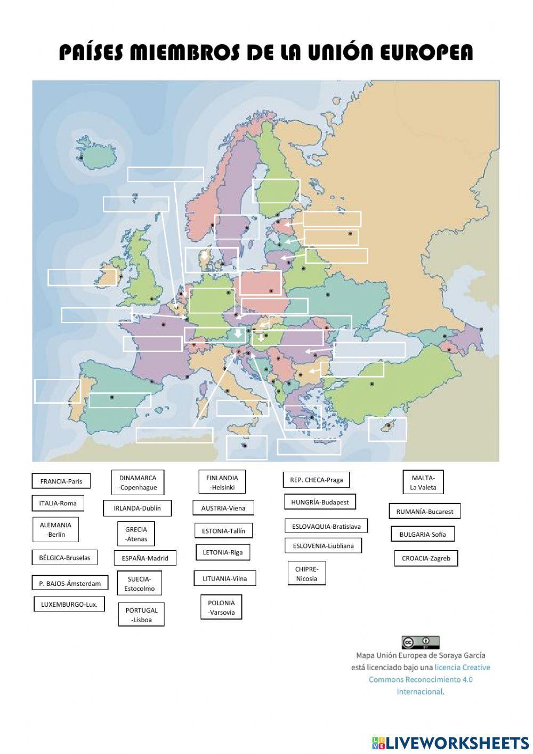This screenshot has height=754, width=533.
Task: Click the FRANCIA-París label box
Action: pos(61,481)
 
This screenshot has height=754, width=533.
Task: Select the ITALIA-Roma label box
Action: pos(58,503)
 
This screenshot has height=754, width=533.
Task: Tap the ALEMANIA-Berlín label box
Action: pos(55,529)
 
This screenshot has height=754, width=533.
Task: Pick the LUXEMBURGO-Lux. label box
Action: pos(69,605)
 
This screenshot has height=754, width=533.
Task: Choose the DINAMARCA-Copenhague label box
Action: pos(138,482)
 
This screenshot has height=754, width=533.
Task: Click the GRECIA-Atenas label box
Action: pos(136,534)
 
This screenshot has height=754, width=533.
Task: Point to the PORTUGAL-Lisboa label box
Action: pos(141,615)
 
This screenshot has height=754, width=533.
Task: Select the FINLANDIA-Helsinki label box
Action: pos(222,482)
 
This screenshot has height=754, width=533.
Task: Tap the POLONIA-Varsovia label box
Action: pos(221,607)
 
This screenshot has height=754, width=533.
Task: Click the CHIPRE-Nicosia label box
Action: pos(306,574)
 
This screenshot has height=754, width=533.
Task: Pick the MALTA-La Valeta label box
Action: pos(423,482)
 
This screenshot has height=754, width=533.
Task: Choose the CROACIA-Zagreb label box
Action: pos(426,559)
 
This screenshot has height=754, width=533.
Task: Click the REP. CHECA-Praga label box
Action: pos(316,480)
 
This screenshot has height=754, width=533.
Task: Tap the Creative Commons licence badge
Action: pos(421,642)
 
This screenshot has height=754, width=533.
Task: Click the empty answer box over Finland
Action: pos(276,191)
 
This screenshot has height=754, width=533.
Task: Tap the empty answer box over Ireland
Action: pos(82,277)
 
